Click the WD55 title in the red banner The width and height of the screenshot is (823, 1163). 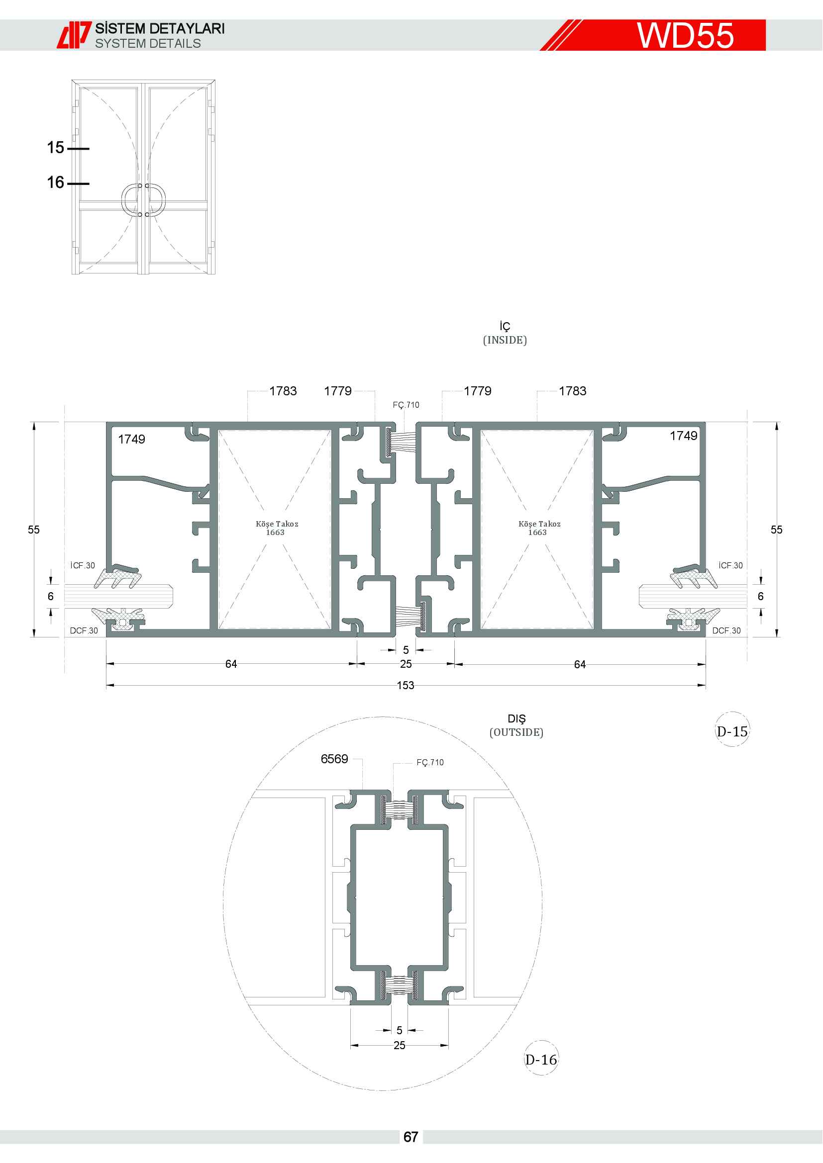point(685,35)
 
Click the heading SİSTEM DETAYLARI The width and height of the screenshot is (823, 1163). point(160,28)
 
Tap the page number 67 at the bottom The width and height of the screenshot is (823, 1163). point(411,1137)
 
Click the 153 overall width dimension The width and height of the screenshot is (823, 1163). point(406,685)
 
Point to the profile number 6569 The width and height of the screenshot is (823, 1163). point(334,759)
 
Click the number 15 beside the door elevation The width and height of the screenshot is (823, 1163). point(56,147)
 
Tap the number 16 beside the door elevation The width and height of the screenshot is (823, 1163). point(56,182)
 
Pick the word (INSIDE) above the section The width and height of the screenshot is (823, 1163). point(505,340)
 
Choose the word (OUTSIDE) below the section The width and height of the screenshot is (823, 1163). point(516,732)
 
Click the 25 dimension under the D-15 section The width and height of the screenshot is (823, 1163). point(406,664)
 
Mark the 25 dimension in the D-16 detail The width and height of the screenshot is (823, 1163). point(400,1045)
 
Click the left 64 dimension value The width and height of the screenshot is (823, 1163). point(231,664)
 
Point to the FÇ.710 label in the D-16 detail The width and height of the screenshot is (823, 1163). point(430,762)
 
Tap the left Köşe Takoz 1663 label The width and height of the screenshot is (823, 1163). point(277,528)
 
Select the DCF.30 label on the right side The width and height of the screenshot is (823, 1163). point(726,630)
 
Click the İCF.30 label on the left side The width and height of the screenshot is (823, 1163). point(83,565)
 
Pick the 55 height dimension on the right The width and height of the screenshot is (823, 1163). point(776,530)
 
